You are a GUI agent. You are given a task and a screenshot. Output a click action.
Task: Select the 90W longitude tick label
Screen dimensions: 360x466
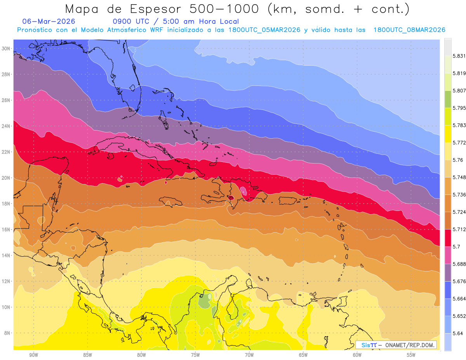point(33,355)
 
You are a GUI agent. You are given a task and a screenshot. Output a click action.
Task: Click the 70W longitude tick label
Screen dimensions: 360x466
point(249,355)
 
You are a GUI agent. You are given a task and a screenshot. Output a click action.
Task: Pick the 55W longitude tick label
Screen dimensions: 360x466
point(411,355)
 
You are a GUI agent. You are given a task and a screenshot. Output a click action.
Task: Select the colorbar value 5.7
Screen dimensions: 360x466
point(457,247)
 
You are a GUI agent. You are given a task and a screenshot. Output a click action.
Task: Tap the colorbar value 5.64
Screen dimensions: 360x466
point(458,333)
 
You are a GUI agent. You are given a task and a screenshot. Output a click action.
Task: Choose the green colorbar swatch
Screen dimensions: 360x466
point(448,99)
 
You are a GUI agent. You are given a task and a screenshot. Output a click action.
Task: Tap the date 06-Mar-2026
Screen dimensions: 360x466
point(49,21)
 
